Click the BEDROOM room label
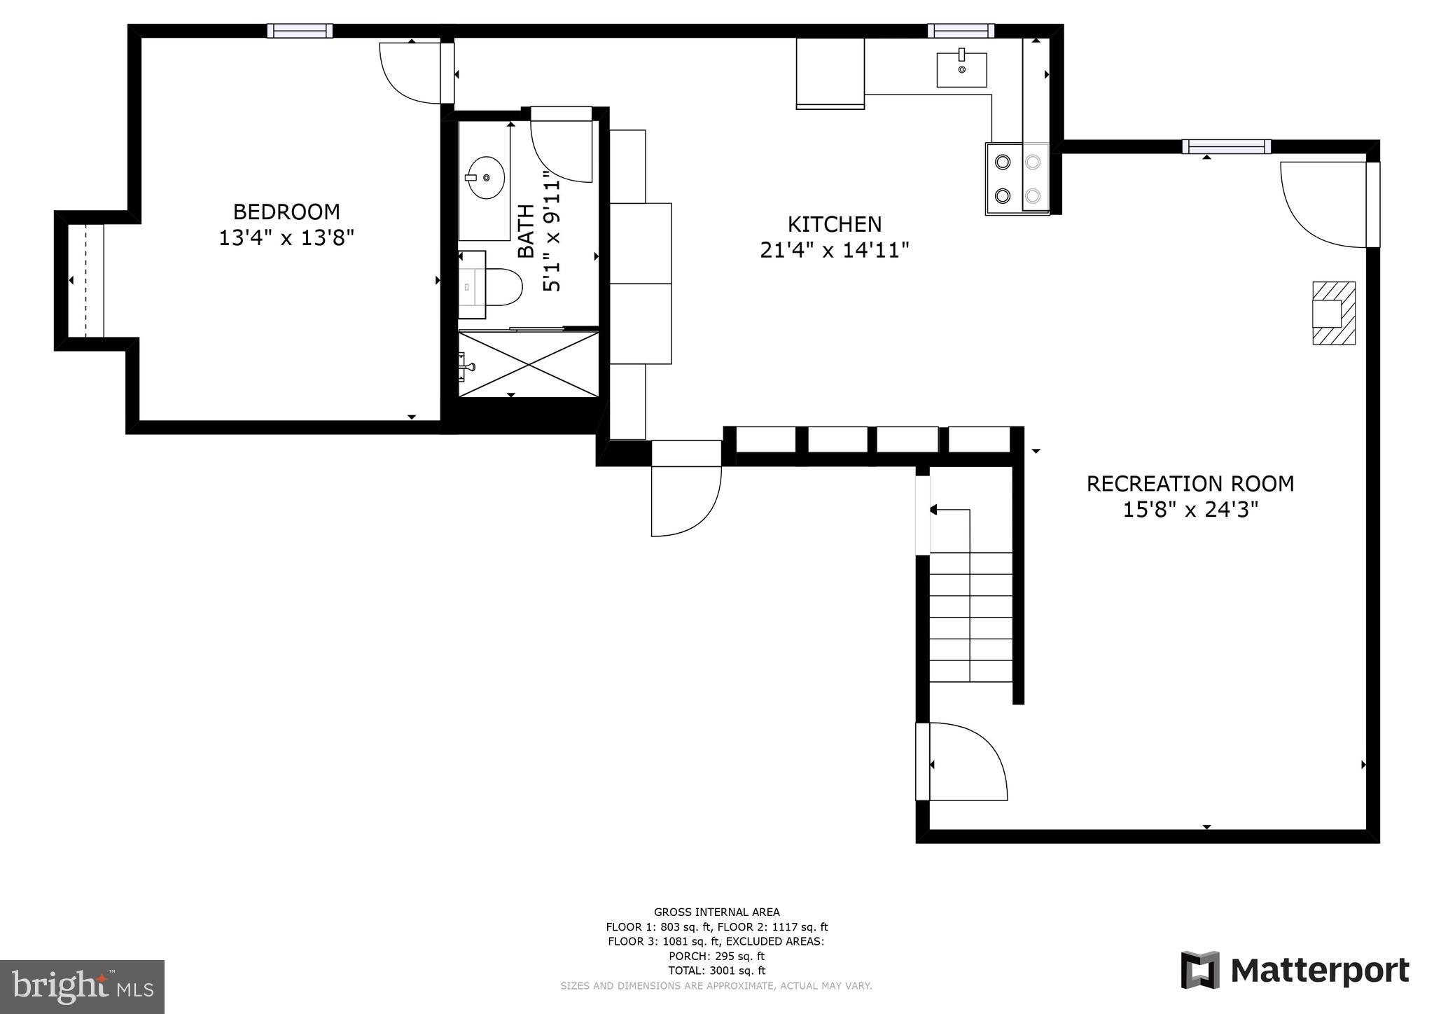pyautogui.click(x=286, y=211)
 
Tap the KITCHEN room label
pyautogui.click(x=835, y=224)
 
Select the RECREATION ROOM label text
pyautogui.click(x=1190, y=484)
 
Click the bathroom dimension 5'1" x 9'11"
pyautogui.click(x=552, y=237)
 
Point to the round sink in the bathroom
pyautogui.click(x=485, y=178)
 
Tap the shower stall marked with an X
pyautogui.click(x=529, y=365)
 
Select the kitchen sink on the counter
pyautogui.click(x=961, y=69)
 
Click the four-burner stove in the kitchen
pyautogui.click(x=1017, y=179)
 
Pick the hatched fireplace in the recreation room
pyautogui.click(x=1333, y=313)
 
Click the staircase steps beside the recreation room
pyautogui.click(x=970, y=616)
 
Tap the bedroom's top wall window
pyautogui.click(x=300, y=31)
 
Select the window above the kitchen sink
pyautogui.click(x=961, y=31)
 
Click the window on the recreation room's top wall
pyautogui.click(x=1226, y=147)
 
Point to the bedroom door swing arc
pyautogui.click(x=406, y=77)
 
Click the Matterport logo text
pyautogui.click(x=1319, y=971)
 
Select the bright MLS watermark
pyautogui.click(x=83, y=987)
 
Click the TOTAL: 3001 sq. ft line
pyautogui.click(x=716, y=971)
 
